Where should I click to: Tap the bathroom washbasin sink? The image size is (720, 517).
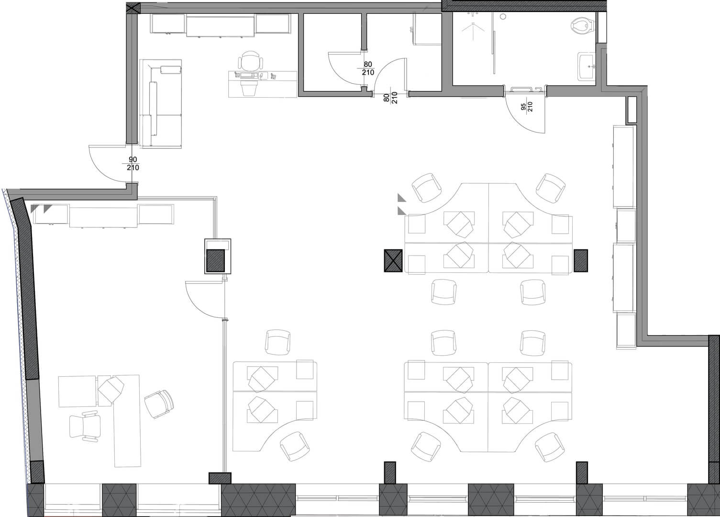tap(587, 66)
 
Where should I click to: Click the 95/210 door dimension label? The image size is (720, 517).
tap(527, 106)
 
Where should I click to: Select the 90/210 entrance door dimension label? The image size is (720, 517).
tap(133, 163)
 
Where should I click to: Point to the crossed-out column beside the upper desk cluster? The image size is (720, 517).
tap(393, 260)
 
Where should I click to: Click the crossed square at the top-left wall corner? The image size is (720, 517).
tap(133, 8)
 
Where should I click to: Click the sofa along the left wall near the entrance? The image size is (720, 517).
tap(161, 103)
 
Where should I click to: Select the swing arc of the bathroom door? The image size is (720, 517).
tap(520, 121)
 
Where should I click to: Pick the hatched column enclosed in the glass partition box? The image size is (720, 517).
tap(215, 260)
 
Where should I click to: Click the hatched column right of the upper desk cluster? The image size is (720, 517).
tap(581, 260)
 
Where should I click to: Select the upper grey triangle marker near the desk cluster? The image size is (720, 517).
tap(401, 198)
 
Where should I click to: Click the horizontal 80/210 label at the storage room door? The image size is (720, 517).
tap(368, 68)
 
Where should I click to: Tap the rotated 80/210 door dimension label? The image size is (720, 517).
tap(390, 98)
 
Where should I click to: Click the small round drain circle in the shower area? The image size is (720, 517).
tap(503, 16)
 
